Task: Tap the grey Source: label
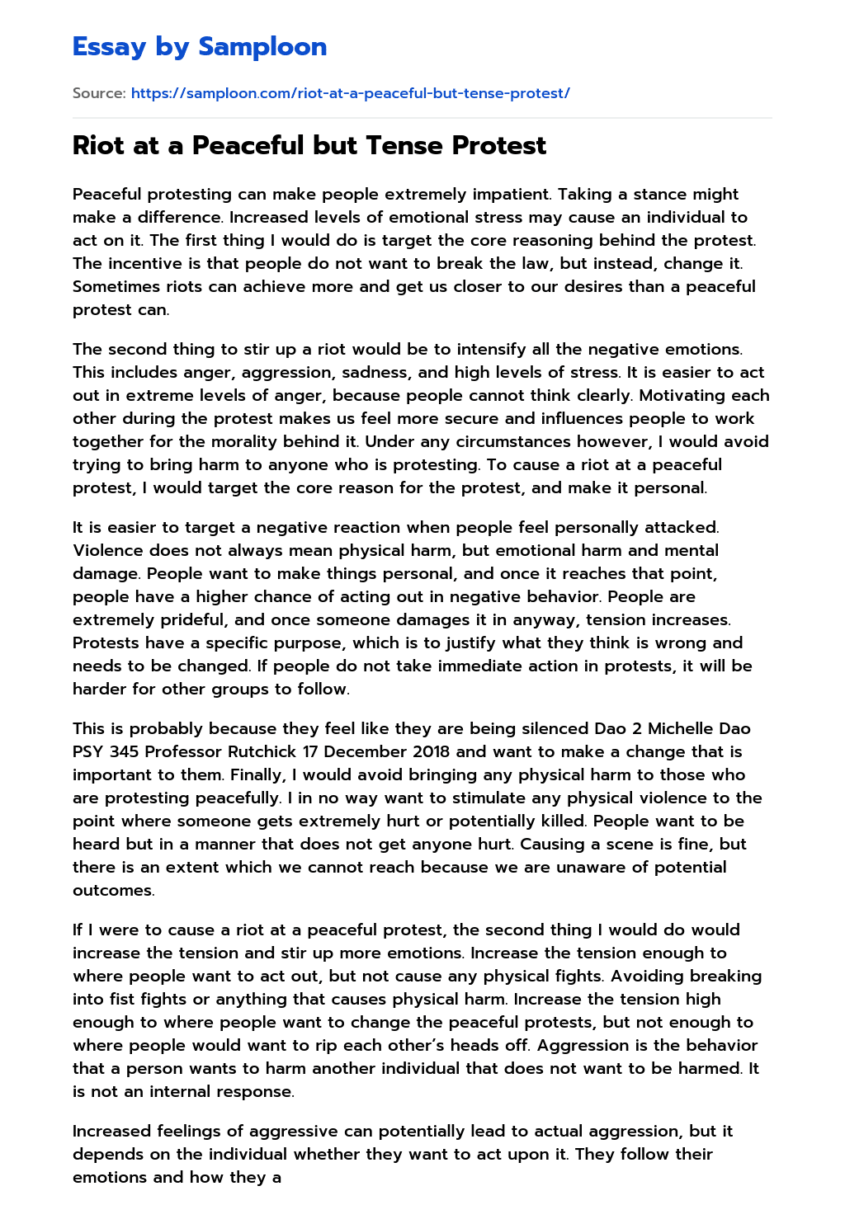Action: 99,93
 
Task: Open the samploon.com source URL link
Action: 350,93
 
